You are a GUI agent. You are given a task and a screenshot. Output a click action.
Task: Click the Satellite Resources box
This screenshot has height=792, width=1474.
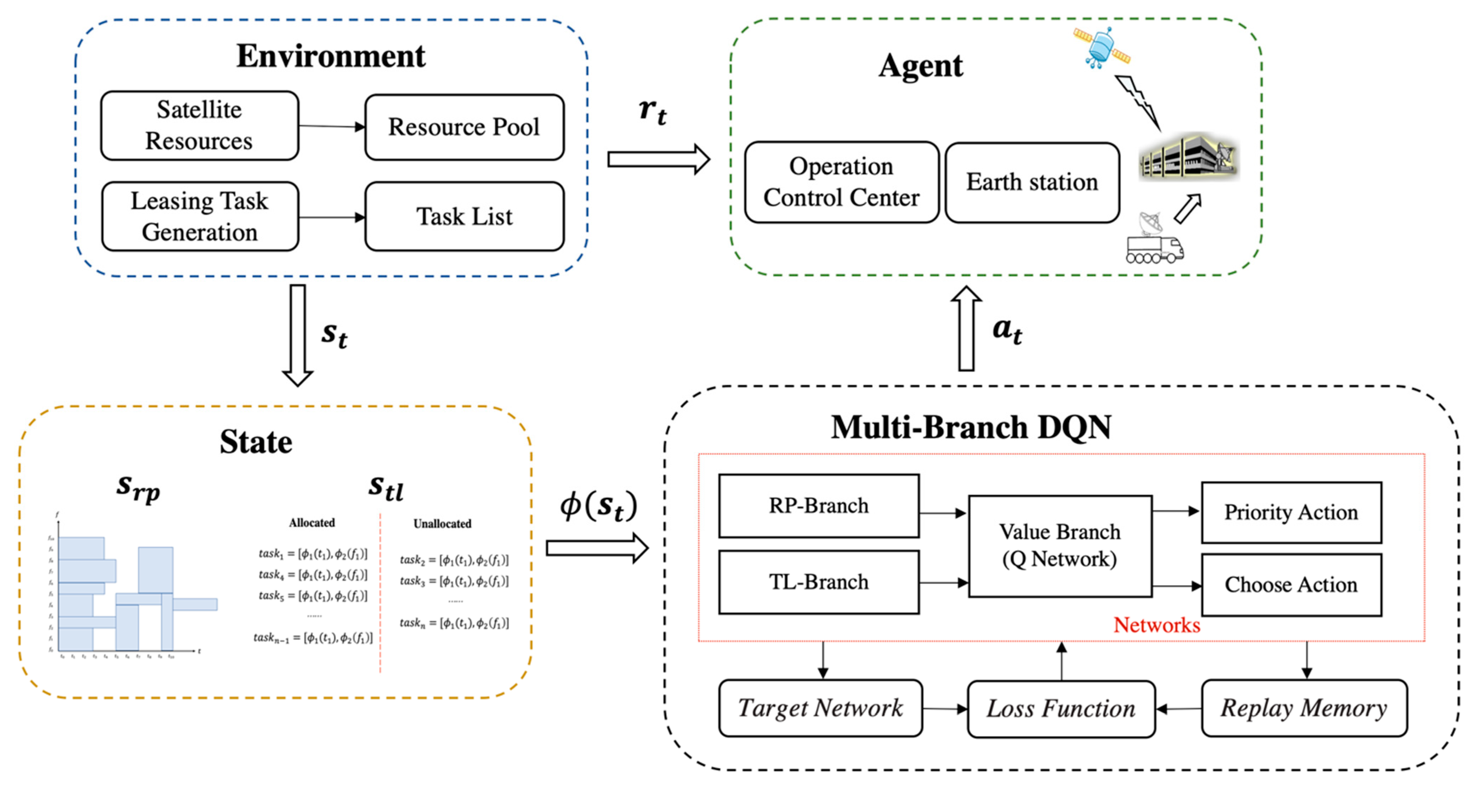pos(199,125)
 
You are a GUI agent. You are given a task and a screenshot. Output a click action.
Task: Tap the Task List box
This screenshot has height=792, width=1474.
pos(464,217)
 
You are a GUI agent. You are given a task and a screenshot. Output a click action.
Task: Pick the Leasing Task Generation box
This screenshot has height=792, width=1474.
pos(200,217)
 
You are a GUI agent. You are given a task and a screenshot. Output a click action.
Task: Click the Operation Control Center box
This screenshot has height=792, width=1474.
pos(841,182)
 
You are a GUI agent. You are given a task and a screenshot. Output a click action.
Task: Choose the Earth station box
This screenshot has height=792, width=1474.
pos(1032,182)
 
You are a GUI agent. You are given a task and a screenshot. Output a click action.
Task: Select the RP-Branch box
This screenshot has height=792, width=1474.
pos(819,506)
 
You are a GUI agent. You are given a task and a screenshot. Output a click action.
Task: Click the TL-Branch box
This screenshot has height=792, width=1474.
pos(819,582)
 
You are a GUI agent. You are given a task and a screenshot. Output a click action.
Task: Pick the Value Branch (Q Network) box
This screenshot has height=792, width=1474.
pos(1060,546)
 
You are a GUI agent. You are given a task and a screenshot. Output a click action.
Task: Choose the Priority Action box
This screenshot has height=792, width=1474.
pos(1291,512)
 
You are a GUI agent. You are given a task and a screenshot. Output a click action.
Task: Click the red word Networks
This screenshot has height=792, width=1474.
pos(1156,625)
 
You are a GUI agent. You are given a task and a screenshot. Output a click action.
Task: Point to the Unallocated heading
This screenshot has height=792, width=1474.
pos(442,523)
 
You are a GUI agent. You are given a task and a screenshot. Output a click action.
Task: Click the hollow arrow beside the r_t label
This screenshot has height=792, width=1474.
pos(658,159)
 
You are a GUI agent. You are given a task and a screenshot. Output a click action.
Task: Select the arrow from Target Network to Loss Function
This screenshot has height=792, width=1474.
pos(945,709)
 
